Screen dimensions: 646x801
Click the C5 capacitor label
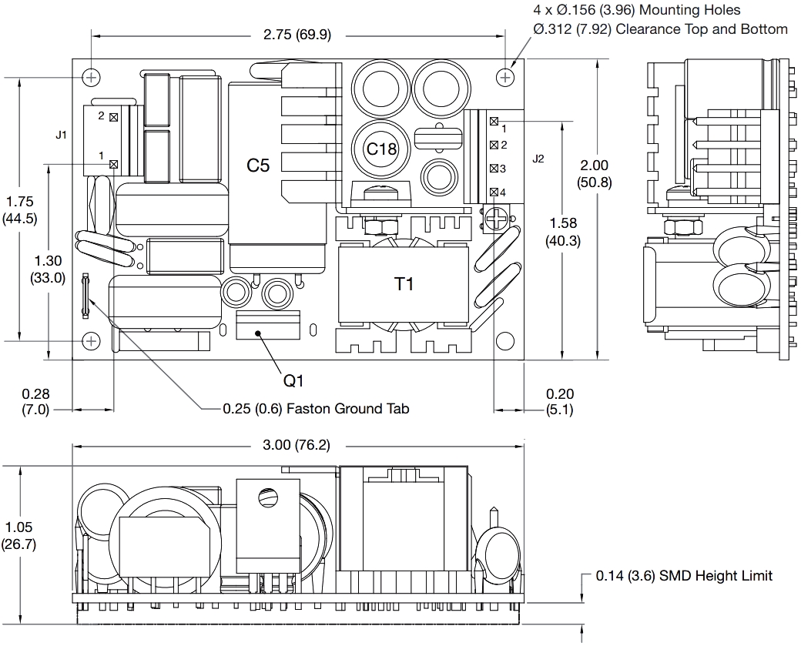click(x=257, y=165)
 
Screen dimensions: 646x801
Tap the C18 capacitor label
click(x=380, y=149)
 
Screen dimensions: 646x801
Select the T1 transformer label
click(x=404, y=284)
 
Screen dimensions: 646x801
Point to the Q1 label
click(x=294, y=380)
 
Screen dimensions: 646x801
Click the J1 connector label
click(x=62, y=135)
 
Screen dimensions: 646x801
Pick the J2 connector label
click(x=538, y=159)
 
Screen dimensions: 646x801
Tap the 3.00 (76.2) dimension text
click(x=297, y=444)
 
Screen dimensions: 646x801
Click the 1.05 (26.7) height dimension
click(x=18, y=536)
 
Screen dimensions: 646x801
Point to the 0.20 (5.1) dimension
click(x=559, y=402)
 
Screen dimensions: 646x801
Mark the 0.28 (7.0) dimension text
click(x=35, y=402)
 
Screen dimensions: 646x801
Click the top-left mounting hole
click(x=92, y=77)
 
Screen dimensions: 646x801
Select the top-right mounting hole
click(x=505, y=77)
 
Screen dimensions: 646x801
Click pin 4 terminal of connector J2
click(x=493, y=192)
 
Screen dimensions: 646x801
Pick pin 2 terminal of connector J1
click(x=114, y=117)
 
